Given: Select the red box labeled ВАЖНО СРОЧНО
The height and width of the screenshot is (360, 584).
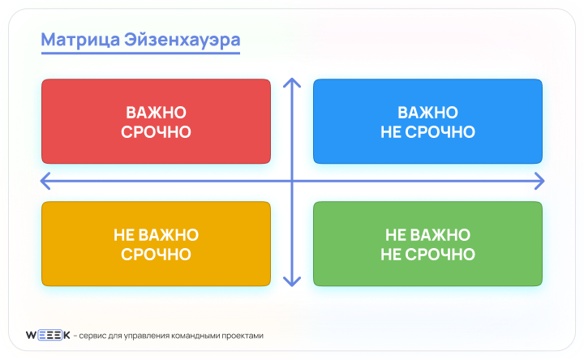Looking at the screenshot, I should pyautogui.click(x=156, y=122).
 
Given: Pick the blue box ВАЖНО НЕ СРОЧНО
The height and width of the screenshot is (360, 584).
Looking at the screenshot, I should pyautogui.click(x=427, y=122).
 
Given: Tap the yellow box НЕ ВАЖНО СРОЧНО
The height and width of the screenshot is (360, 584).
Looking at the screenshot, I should pyautogui.click(x=156, y=244).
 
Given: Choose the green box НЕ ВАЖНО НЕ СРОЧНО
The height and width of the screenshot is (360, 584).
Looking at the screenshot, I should pyautogui.click(x=427, y=244).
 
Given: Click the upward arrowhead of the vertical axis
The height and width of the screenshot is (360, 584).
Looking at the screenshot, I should pyautogui.click(x=292, y=82).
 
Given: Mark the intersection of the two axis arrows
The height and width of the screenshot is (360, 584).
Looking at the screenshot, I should pyautogui.click(x=292, y=180).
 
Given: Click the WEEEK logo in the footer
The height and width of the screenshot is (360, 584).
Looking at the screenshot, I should pyautogui.click(x=48, y=335).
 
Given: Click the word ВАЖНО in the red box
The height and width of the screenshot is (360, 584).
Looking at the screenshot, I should pyautogui.click(x=156, y=113).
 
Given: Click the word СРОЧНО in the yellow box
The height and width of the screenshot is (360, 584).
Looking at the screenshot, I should pyautogui.click(x=156, y=254).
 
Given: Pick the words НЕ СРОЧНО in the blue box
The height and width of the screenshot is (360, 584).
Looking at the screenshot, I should pyautogui.click(x=427, y=131).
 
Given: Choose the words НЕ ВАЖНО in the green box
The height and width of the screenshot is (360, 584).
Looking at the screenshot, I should pyautogui.click(x=427, y=235).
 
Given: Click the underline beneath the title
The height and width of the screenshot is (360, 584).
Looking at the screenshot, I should pyautogui.click(x=140, y=54).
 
